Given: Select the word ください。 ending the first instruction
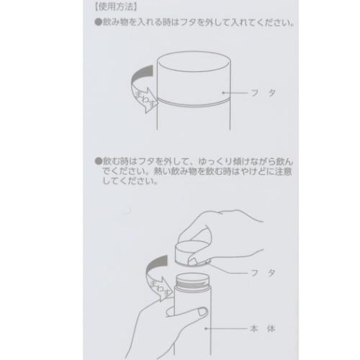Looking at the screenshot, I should coord(274,22).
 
